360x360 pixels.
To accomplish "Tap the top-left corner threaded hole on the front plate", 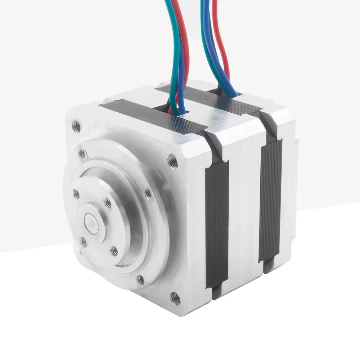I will click(x=76, y=126).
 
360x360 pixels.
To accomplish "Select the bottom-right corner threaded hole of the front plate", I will click(x=175, y=298).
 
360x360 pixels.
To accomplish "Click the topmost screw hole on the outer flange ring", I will click(x=82, y=153).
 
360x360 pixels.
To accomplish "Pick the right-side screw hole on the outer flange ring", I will click(x=148, y=194).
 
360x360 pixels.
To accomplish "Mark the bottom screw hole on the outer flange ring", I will click(x=141, y=279).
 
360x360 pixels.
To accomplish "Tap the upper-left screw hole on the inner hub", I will click(x=76, y=194).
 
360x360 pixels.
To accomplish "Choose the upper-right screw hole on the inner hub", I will click(x=108, y=203).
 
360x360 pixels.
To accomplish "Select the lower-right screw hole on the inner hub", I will click(x=114, y=251).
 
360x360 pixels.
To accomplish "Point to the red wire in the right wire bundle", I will click(x=224, y=54).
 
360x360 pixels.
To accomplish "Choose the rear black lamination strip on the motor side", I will click(x=270, y=202).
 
